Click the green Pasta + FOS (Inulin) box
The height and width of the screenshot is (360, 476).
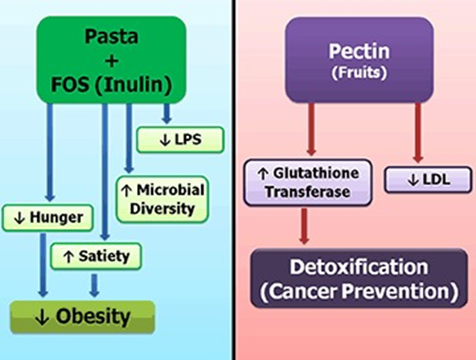tap(112, 60)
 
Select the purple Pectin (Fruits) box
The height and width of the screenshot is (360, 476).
tap(359, 60)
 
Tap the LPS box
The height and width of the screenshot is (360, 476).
tap(180, 139)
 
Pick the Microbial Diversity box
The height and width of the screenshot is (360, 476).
tap(162, 199)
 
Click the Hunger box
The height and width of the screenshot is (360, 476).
tap(47, 218)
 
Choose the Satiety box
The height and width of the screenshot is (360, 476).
tap(96, 256)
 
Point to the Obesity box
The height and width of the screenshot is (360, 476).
tap(83, 317)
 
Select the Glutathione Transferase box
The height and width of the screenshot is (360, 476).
tap(308, 183)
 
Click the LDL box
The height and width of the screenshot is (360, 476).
tap(429, 180)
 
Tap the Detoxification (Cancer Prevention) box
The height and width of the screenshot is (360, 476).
tap(359, 278)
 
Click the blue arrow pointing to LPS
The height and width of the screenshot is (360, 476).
tap(167, 113)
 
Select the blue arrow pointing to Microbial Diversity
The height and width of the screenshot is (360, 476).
tap(129, 139)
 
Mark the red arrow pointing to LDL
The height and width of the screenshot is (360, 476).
tap(419, 133)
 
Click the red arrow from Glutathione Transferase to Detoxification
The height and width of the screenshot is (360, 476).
tap(304, 226)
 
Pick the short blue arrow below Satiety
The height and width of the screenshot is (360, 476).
tap(95, 286)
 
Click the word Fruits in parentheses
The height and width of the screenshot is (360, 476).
tap(359, 73)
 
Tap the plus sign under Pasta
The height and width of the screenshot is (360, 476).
tap(112, 61)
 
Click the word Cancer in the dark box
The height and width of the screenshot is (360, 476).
tap(299, 291)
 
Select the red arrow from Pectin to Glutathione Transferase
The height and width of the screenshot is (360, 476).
tap(311, 129)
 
